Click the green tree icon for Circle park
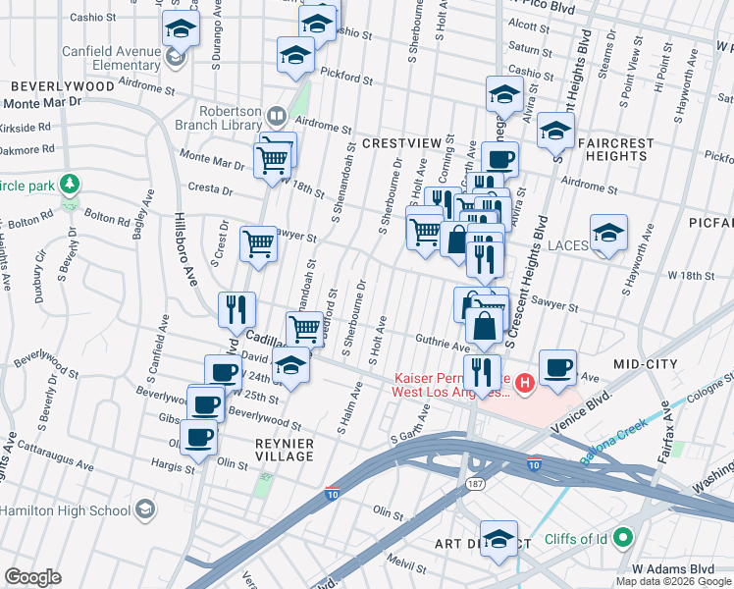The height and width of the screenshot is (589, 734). [69, 184]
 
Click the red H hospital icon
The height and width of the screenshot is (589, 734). [524, 382]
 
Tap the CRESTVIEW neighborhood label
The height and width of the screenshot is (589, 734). [401, 143]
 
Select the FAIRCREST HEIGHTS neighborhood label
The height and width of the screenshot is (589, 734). [616, 149]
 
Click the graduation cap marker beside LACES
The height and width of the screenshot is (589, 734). [609, 234]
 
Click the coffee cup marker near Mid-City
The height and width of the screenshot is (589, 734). [557, 367]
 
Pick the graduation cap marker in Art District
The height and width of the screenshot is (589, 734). [498, 539]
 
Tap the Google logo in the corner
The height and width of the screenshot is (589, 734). [33, 576]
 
